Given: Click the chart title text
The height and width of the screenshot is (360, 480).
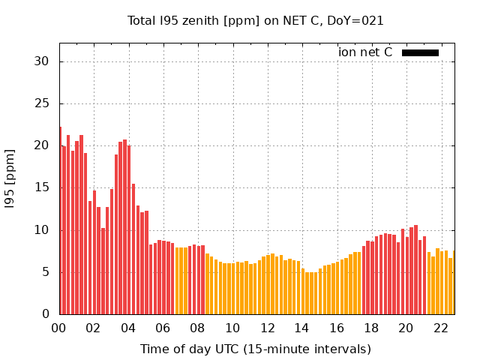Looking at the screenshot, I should point(256,21).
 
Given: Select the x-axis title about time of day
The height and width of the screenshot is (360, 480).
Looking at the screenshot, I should point(256,349).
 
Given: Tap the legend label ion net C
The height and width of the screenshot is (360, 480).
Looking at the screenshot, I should point(365,52).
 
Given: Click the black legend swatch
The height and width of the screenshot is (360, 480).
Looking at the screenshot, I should point(420,52).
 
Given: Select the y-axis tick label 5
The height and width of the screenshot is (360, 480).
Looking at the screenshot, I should point(46,272).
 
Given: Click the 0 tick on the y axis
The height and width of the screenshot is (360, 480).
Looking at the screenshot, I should point(46,314).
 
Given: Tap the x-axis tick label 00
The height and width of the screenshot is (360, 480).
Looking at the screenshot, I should point(58,328).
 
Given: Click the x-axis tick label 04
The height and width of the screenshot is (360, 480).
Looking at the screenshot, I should point(128,328).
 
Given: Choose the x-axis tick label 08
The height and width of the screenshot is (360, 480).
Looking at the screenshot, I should point(198,328).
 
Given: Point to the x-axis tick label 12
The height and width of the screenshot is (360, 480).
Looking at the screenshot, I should point(268,328).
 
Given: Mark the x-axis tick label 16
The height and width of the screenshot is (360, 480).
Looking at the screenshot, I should point(337,328).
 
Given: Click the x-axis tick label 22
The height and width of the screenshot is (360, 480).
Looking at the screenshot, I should point(441,328).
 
